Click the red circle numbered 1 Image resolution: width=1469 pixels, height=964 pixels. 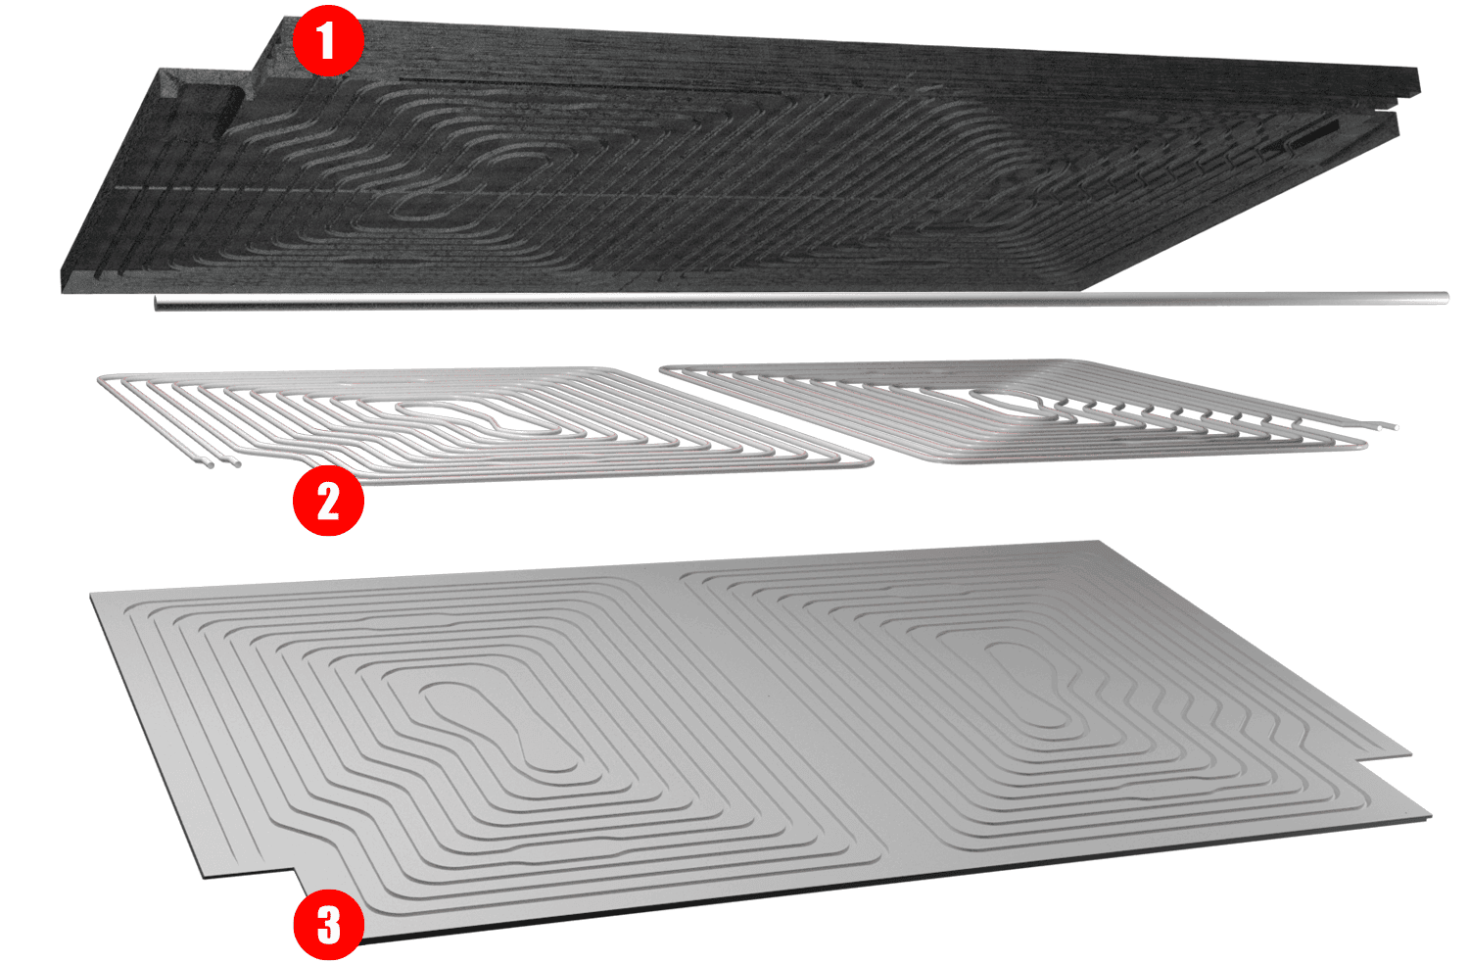tap(327, 41)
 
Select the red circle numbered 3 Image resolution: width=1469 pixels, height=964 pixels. tap(328, 924)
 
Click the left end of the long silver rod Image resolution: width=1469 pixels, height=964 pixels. tap(156, 303)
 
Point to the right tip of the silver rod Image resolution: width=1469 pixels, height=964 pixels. tap(1446, 298)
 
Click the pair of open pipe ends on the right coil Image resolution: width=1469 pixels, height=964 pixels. tap(1387, 425)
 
